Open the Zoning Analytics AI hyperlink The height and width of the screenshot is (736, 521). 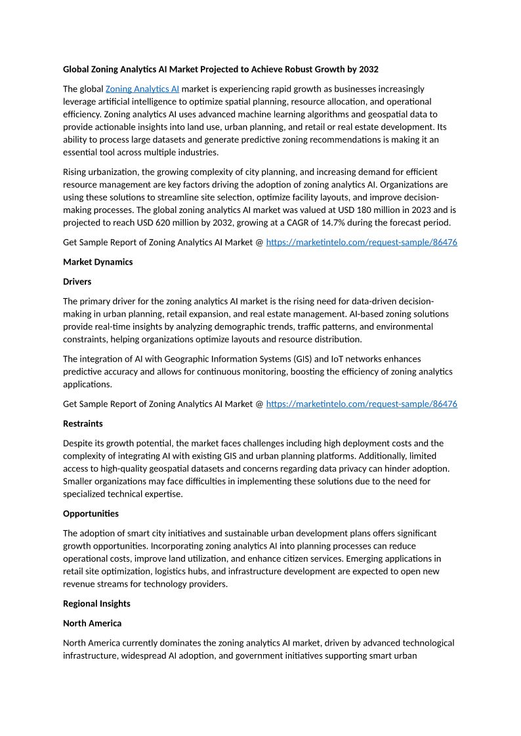click(142, 88)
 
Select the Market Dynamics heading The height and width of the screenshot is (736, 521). click(98, 261)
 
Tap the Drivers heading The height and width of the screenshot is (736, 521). click(77, 281)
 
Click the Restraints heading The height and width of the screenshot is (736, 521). click(83, 423)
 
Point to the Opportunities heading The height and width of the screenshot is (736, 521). click(91, 513)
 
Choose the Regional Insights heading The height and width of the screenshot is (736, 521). click(96, 604)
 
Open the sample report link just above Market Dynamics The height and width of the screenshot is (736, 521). click(362, 242)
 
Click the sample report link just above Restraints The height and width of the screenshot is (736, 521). click(362, 404)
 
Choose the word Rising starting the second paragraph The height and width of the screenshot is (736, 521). click(76, 172)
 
